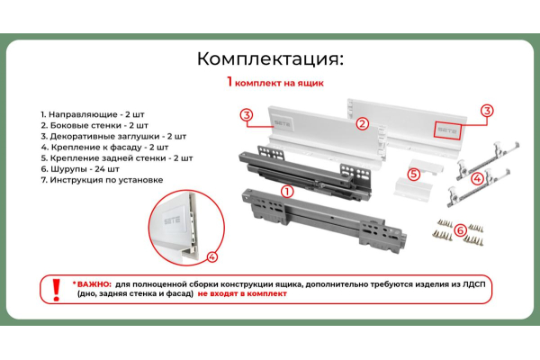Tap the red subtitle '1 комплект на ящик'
[x=275, y=82]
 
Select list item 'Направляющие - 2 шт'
[x=93, y=114]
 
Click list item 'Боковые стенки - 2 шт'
[x=94, y=125]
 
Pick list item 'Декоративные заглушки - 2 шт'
[x=113, y=137]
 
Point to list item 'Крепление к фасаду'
[x=91, y=148]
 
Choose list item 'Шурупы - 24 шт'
[x=80, y=169]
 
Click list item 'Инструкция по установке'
[x=102, y=180]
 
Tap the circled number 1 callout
[x=287, y=192]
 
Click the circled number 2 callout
[x=362, y=123]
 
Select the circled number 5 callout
[x=414, y=175]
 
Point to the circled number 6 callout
[x=461, y=229]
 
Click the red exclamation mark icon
[x=56, y=290]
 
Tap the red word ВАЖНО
[x=94, y=284]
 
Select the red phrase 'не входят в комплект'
[x=242, y=294]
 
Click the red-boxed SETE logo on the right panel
[x=447, y=130]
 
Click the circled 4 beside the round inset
[x=212, y=256]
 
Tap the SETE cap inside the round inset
[x=172, y=220]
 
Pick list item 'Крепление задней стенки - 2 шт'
[x=117, y=158]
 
